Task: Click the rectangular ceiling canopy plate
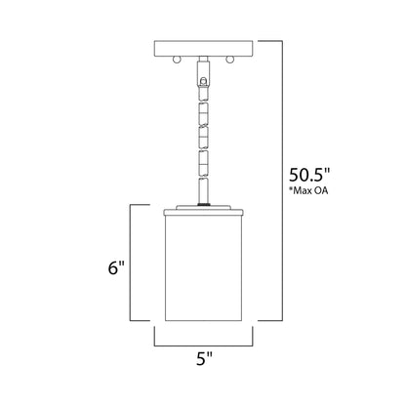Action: pos(203,47)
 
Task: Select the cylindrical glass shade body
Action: pos(203,273)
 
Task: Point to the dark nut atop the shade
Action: pos(203,202)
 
